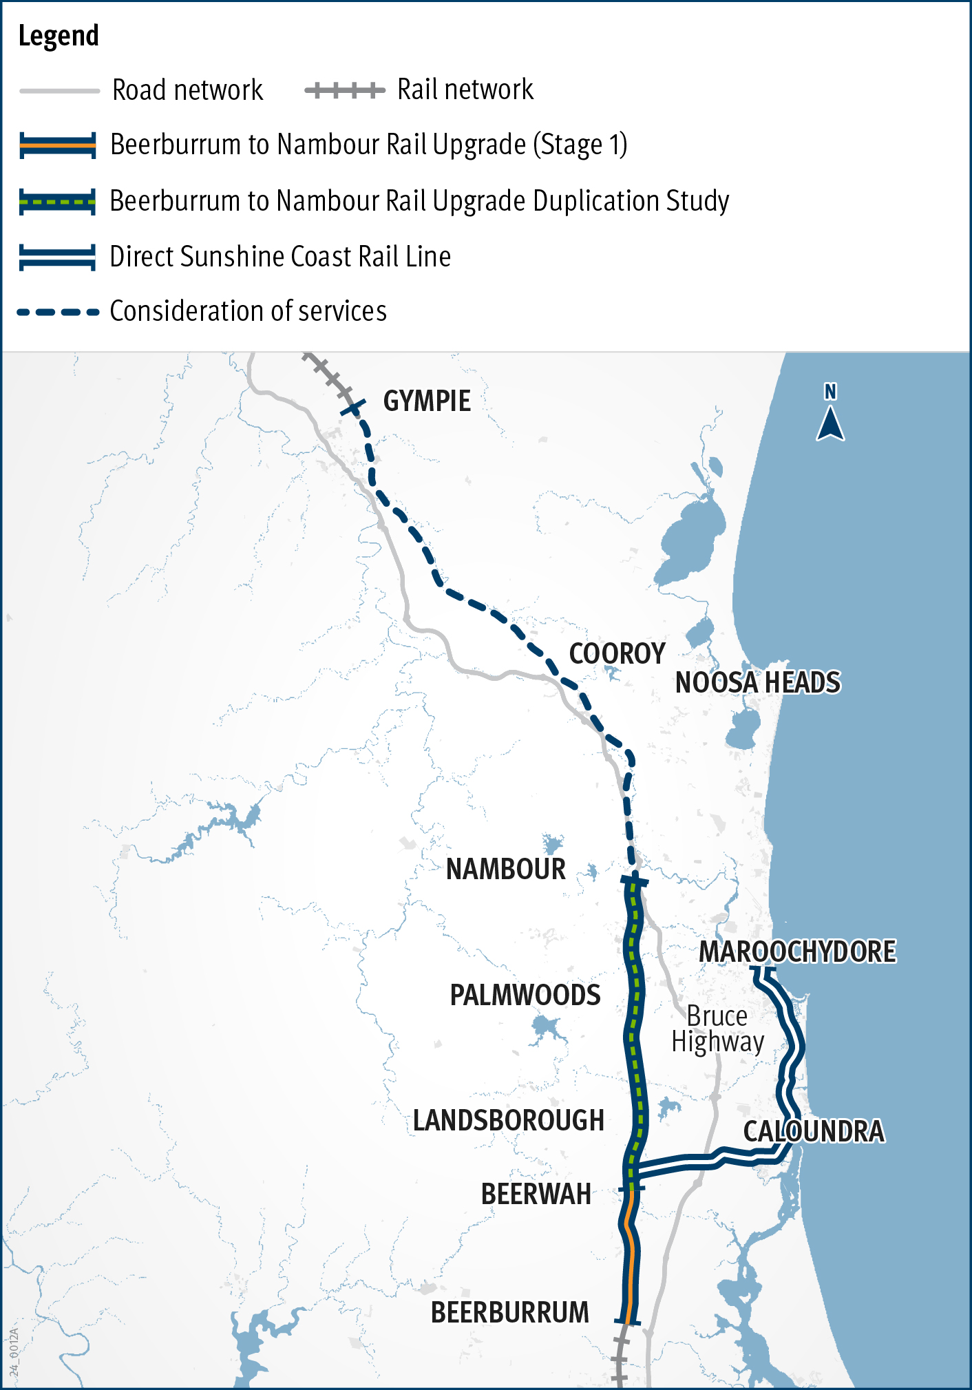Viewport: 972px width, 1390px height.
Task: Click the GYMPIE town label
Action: click(x=427, y=401)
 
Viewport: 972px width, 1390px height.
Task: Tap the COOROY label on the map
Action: click(x=617, y=654)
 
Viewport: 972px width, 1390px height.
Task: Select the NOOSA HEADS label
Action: click(x=757, y=683)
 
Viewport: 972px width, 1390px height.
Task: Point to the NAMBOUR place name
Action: click(x=505, y=870)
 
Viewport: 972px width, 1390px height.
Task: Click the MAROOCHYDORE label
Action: click(x=797, y=952)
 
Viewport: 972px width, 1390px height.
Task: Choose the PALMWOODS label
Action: click(x=525, y=996)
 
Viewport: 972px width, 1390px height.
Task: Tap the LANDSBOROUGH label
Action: click(x=508, y=1121)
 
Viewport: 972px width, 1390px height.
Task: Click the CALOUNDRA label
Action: click(x=814, y=1132)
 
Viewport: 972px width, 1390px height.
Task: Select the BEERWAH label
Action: click(x=536, y=1194)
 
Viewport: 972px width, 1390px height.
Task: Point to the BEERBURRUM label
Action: click(x=509, y=1313)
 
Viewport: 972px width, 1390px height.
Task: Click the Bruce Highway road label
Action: click(x=717, y=1029)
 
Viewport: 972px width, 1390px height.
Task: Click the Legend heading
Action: click(x=59, y=36)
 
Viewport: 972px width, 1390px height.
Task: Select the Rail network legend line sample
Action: click(x=344, y=90)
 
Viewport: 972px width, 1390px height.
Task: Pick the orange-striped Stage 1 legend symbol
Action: click(x=58, y=145)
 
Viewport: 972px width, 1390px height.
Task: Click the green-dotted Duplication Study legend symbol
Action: click(x=58, y=202)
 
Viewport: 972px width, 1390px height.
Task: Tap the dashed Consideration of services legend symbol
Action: click(x=58, y=312)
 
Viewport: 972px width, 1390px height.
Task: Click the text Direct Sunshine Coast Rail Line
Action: click(x=280, y=257)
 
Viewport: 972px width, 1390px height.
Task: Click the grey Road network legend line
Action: click(x=59, y=90)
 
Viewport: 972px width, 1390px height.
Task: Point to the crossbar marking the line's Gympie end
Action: click(x=352, y=409)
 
